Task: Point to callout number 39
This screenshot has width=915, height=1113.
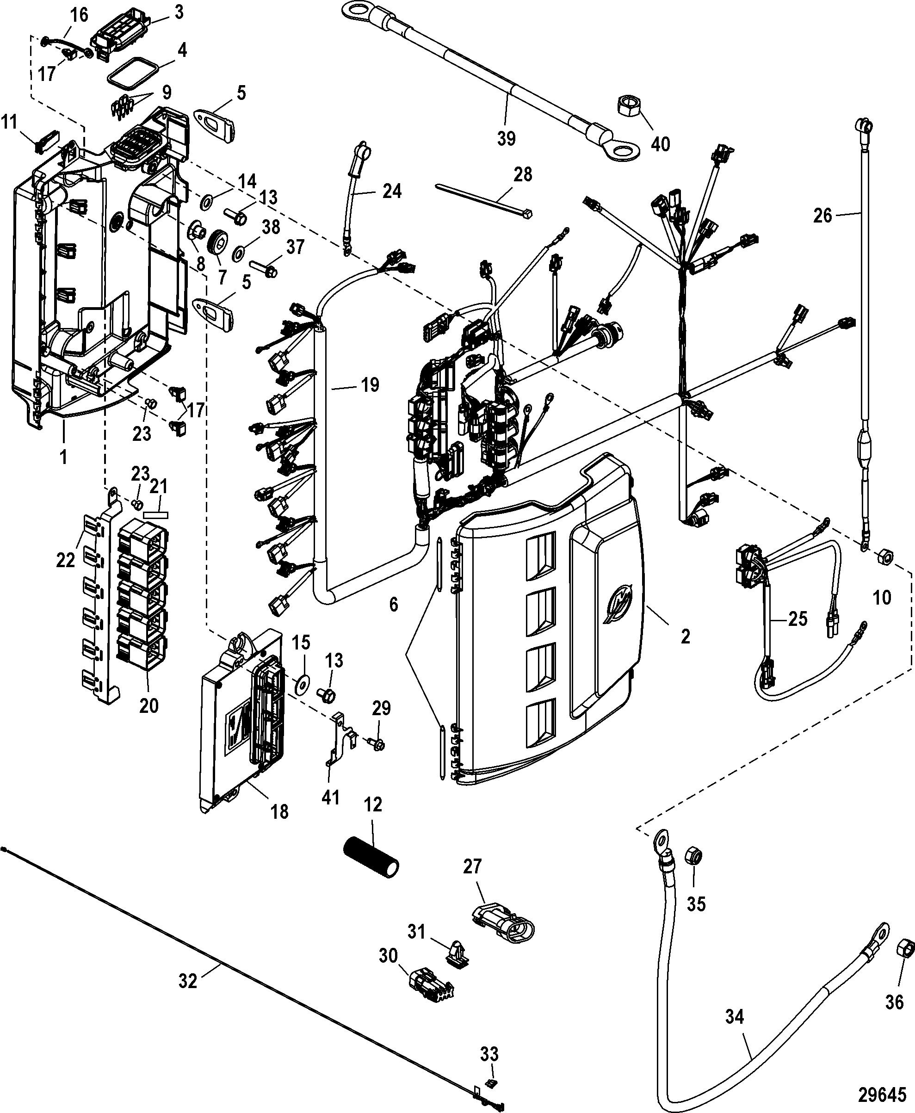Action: (x=506, y=139)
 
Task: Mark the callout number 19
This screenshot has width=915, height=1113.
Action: (x=370, y=385)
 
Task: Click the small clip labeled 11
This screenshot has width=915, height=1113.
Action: (x=46, y=141)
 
